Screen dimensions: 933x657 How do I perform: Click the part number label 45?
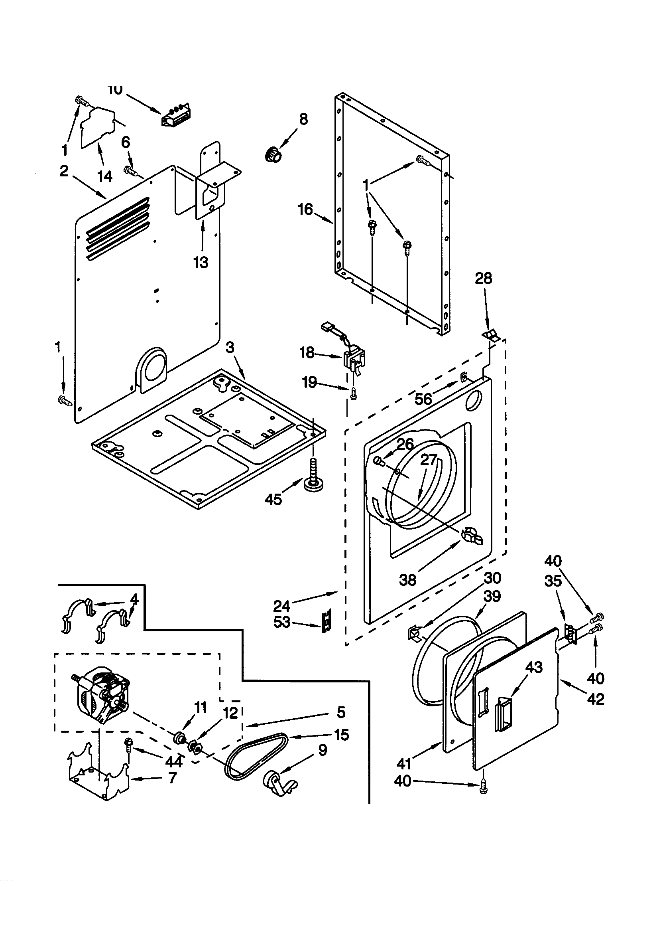273,499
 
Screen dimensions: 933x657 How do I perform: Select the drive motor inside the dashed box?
102,694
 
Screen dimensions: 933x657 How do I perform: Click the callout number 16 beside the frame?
305,210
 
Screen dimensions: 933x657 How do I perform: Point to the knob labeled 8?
273,155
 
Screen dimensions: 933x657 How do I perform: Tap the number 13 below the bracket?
201,263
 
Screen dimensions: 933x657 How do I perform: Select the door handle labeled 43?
503,715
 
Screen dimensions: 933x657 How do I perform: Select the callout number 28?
483,279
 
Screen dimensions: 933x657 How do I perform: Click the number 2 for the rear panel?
64,171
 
